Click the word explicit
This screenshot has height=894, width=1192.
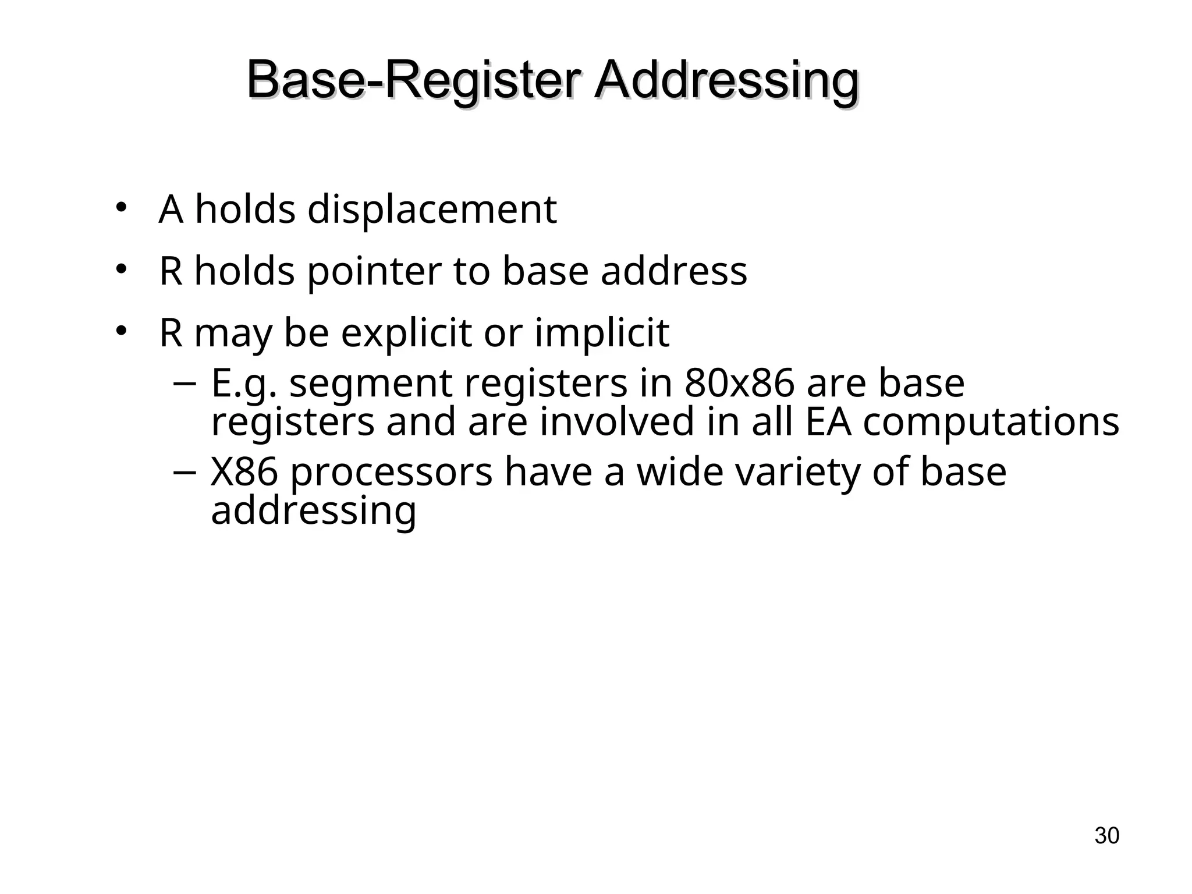(x=406, y=333)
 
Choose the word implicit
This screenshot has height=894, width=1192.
(x=602, y=333)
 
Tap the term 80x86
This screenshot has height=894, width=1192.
(x=739, y=383)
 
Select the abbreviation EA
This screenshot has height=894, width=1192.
(x=828, y=421)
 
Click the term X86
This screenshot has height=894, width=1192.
(x=244, y=471)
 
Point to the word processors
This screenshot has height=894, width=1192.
(x=391, y=473)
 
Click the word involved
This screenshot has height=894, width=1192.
(x=617, y=421)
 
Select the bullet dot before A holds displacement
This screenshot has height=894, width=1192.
(x=120, y=207)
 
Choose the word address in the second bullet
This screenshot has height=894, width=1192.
(x=673, y=272)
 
